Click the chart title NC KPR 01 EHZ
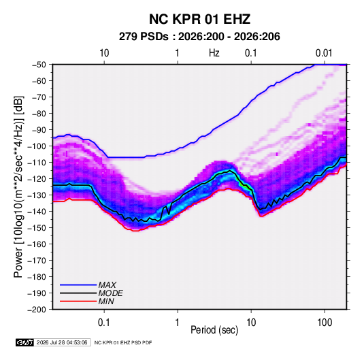click(199, 19)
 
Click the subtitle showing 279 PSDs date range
click(199, 37)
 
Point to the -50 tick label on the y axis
click(39, 65)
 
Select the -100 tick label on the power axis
click(37, 146)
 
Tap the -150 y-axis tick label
click(37, 228)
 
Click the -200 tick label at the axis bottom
click(37, 310)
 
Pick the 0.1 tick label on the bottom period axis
click(104, 323)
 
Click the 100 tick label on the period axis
click(325, 323)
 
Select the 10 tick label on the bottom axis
click(251, 323)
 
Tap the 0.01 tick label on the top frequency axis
click(324, 53)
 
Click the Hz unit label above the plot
click(214, 53)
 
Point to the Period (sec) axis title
click(214, 330)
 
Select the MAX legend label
click(107, 284)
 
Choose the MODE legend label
click(110, 293)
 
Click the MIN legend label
click(106, 301)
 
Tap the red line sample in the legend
click(78, 301)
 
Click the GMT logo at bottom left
click(24, 342)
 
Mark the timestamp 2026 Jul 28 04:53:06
click(62, 342)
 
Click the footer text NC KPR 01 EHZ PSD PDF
click(123, 342)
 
